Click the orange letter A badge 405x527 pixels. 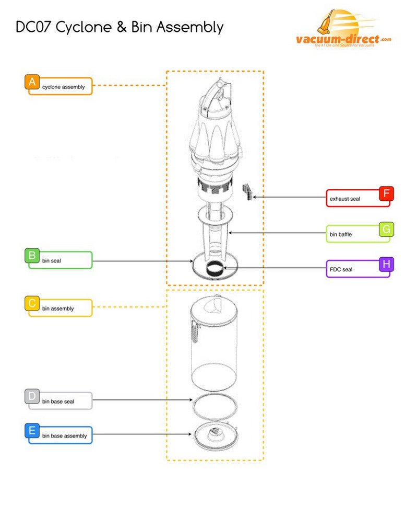32,82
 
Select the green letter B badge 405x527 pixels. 32,256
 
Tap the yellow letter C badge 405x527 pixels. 32,304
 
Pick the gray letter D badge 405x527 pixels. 32,397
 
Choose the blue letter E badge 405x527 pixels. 32,431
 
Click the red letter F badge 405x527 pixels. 386,194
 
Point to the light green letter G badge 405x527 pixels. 386,229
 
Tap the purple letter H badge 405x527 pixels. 386,264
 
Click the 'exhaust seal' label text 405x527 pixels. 345,199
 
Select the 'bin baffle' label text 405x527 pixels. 341,235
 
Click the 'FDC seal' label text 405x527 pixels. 341,270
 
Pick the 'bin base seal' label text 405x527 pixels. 58,402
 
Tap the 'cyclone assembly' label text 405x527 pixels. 64,87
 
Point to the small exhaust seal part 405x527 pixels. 247,191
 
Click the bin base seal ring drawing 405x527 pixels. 215,406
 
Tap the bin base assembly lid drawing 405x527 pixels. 215,433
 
